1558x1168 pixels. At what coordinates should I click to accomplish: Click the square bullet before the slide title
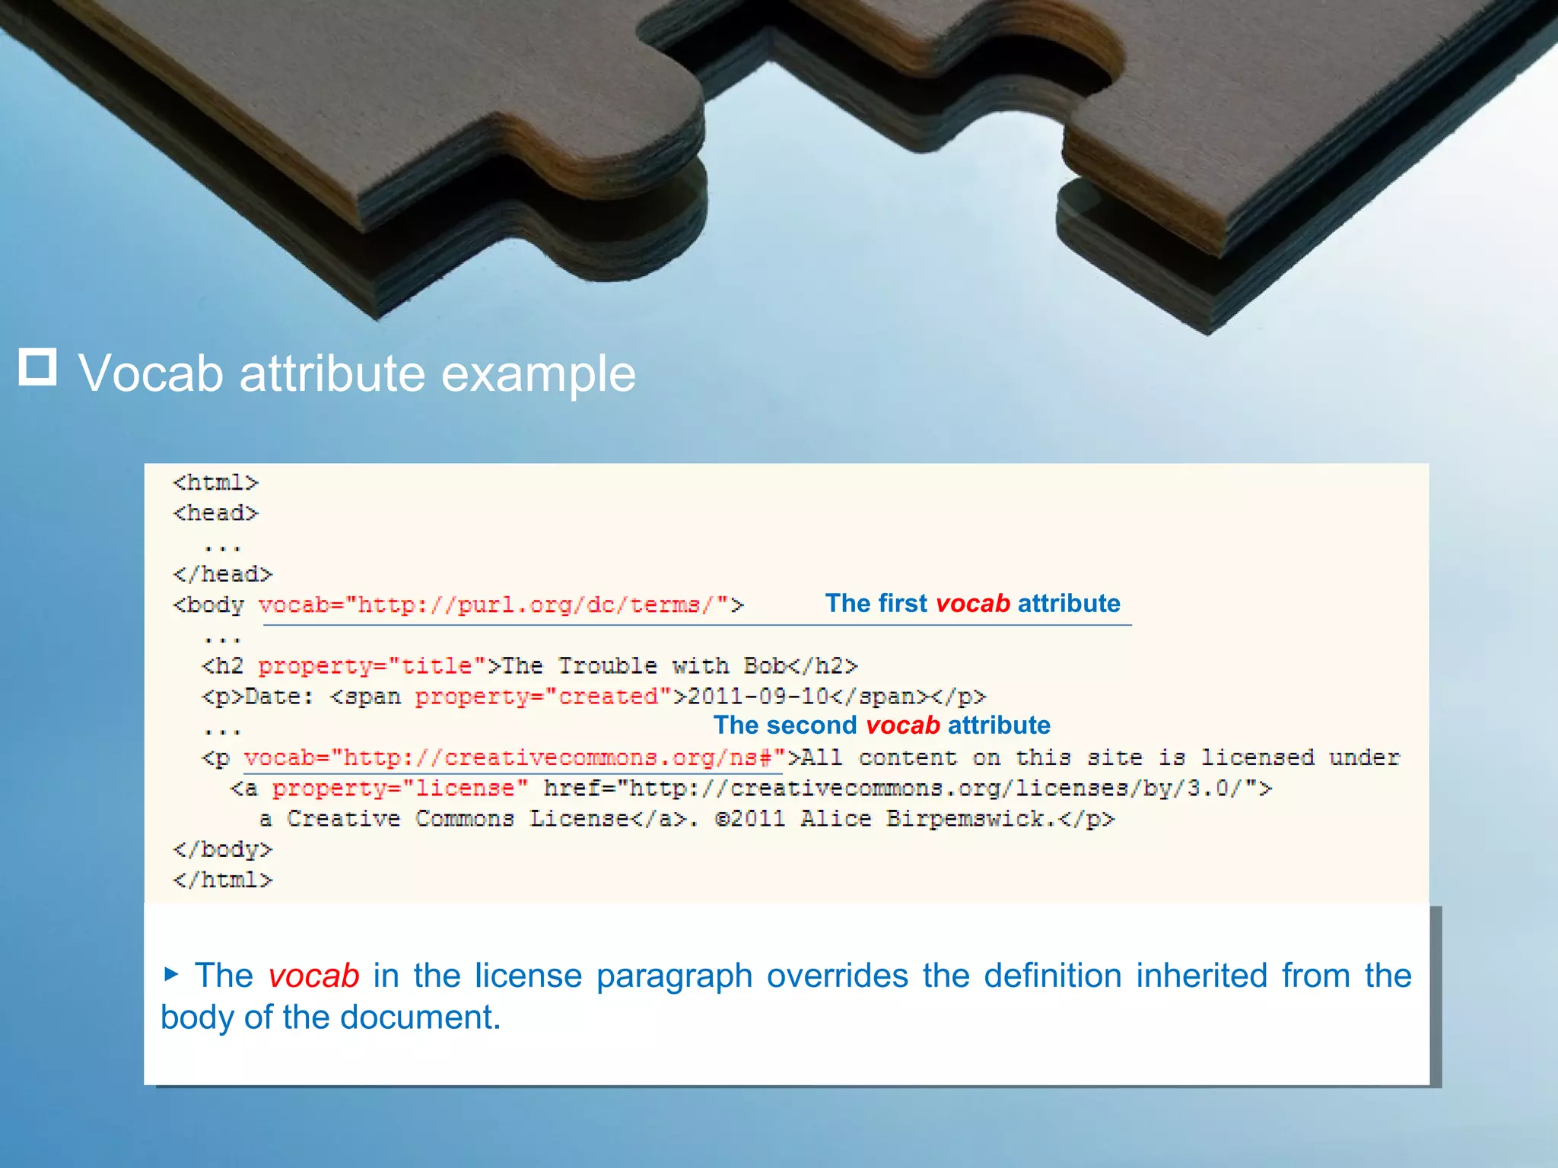tap(37, 367)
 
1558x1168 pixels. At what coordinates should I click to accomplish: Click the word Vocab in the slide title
tap(151, 374)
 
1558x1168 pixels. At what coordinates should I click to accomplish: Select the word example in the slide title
tap(538, 374)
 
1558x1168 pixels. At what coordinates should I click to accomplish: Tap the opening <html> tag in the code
tap(216, 483)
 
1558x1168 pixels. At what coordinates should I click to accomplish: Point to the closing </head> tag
tap(222, 574)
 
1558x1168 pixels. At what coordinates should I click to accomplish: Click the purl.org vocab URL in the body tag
tap(501, 605)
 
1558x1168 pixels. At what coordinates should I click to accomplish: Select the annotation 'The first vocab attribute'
tap(972, 603)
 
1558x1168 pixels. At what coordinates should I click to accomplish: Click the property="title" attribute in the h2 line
tap(372, 666)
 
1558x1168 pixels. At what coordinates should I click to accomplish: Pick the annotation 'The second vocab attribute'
tap(882, 725)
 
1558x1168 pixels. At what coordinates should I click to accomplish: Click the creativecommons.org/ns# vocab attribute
tap(514, 758)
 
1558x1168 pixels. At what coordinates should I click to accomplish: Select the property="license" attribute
tap(399, 789)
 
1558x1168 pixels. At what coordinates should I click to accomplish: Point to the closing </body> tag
tap(222, 849)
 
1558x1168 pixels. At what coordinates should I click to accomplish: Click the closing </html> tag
tap(222, 880)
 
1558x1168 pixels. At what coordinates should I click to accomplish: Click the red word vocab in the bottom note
tap(313, 976)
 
